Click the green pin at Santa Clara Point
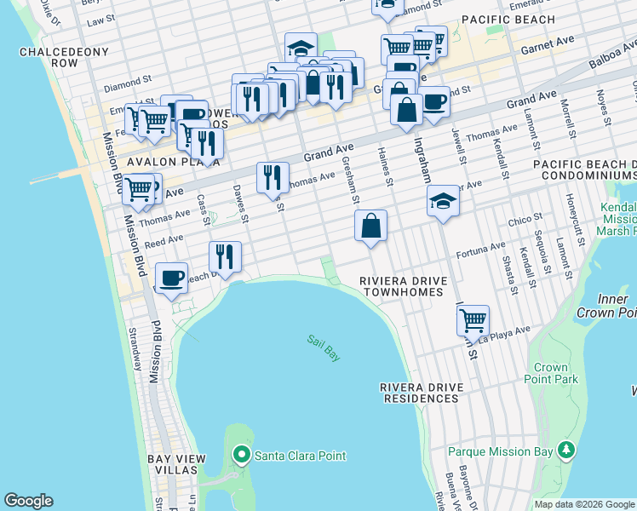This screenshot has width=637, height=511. tap(242, 456)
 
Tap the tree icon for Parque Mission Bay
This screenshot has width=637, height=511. tap(565, 450)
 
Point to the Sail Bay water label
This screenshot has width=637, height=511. tap(324, 348)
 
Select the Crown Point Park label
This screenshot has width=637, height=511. tap(551, 373)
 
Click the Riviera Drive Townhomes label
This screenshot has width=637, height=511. tap(402, 286)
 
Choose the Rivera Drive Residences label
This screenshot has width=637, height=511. tap(422, 393)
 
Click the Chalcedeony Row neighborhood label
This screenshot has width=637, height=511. tap(64, 57)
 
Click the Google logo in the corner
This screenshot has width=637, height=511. tap(28, 501)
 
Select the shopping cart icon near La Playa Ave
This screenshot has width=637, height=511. tap(473, 321)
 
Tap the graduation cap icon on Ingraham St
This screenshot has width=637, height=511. tap(442, 202)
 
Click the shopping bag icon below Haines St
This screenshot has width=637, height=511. tap(371, 227)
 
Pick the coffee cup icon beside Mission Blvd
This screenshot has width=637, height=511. tap(171, 278)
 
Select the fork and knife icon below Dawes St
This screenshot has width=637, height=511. tap(225, 257)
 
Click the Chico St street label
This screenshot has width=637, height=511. tap(526, 221)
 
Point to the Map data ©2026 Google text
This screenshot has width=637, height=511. tap(583, 504)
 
